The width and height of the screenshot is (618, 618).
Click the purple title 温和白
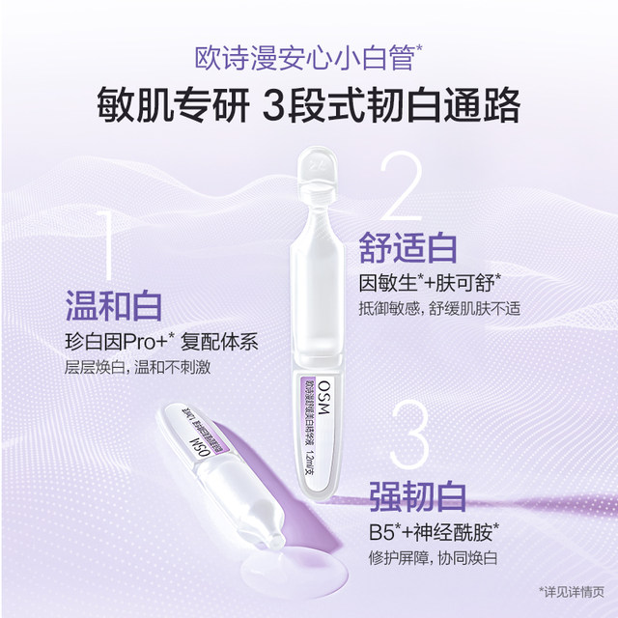pyautogui.click(x=114, y=307)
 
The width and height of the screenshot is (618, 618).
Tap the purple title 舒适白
pyautogui.click(x=407, y=246)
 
